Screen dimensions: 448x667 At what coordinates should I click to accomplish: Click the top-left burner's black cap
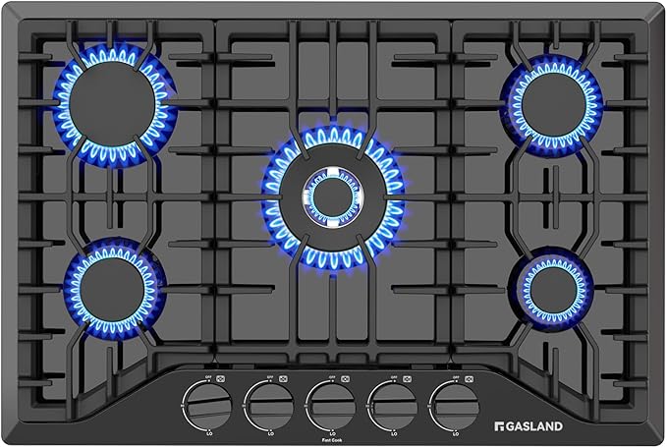[113, 103]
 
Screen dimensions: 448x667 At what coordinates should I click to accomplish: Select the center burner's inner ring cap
[333, 196]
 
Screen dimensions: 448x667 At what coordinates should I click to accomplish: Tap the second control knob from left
[267, 401]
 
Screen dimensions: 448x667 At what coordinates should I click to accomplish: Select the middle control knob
[332, 401]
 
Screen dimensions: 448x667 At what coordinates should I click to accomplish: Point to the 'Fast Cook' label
[332, 439]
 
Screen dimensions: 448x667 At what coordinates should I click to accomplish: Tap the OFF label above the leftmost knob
[207, 373]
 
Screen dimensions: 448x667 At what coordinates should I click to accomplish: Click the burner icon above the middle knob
[347, 374]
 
